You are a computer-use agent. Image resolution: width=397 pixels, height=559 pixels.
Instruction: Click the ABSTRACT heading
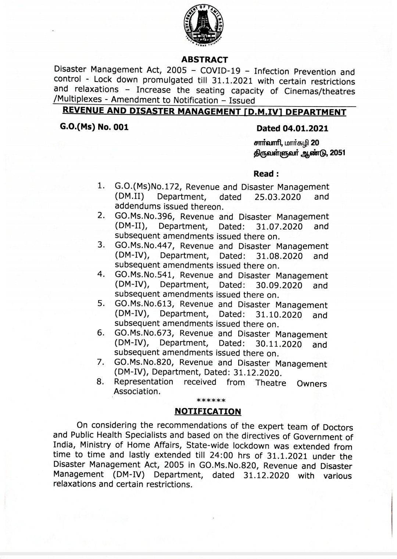(205, 59)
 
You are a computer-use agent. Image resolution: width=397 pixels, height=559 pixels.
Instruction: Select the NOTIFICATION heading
(208, 411)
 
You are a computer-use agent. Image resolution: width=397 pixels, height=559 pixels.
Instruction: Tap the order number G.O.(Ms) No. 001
(94, 127)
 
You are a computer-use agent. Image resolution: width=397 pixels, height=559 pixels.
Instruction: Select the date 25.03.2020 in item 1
(277, 197)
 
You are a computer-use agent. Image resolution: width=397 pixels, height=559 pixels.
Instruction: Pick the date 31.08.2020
(279, 256)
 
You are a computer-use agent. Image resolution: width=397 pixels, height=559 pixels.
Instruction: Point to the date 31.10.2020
(278, 315)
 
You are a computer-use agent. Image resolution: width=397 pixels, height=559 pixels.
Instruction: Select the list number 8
(100, 382)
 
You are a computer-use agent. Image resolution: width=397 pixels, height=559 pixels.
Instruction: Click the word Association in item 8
(137, 392)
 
